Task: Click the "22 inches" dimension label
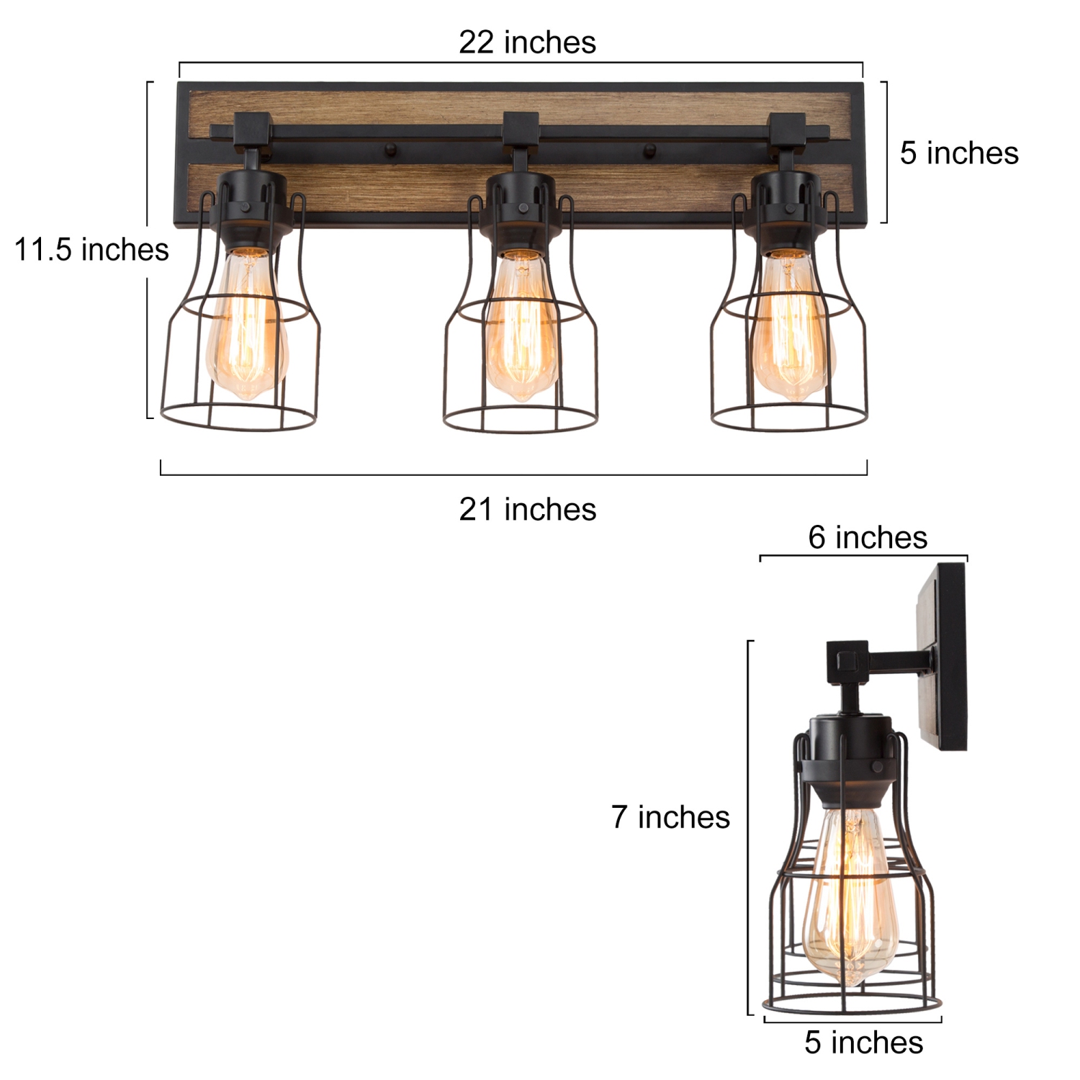527,42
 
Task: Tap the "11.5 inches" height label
91,250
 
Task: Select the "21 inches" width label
527,510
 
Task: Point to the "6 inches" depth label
867,537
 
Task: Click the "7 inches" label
670,817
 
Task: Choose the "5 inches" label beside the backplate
958,153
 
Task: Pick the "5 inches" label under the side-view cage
863,1043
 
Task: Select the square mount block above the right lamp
788,129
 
